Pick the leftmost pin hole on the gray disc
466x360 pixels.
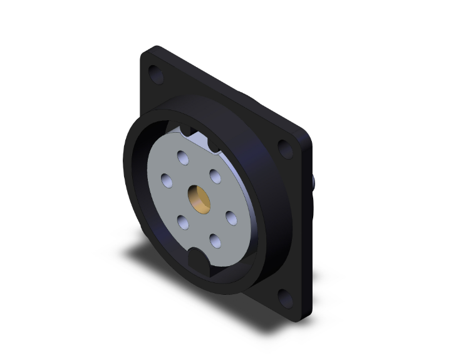tap(167, 180)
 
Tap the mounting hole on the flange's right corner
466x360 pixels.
tap(285, 149)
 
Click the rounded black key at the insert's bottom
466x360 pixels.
tap(199, 258)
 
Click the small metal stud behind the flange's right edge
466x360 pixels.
tap(313, 183)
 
